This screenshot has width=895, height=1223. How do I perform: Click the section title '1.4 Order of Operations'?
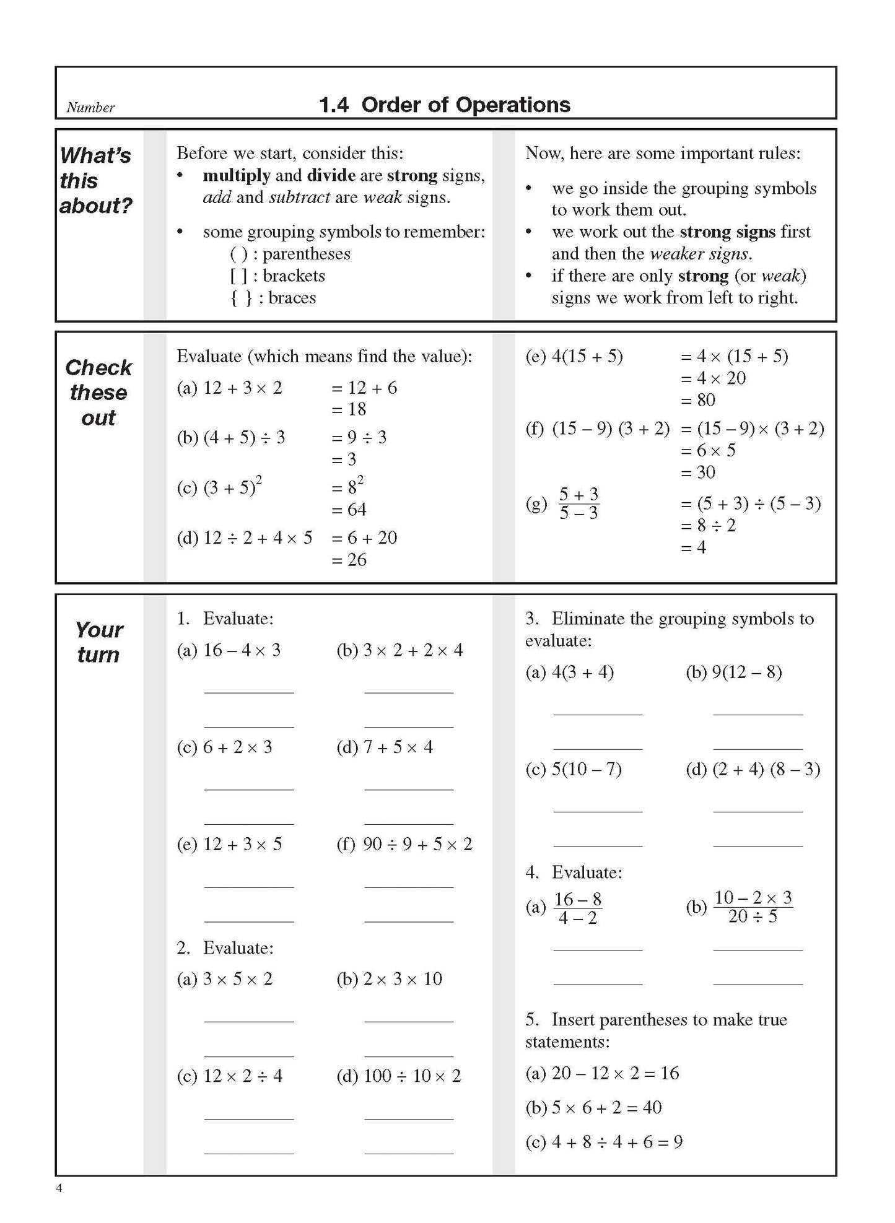pyautogui.click(x=444, y=105)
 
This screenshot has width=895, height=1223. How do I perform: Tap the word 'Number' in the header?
pyautogui.click(x=90, y=108)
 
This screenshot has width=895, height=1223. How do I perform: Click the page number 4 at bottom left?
pyautogui.click(x=59, y=1188)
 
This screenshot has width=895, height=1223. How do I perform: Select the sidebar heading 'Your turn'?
pyautogui.click(x=98, y=642)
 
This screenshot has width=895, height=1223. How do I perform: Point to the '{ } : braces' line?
pyautogui.click(x=273, y=298)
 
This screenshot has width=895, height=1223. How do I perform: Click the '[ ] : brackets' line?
pyautogui.click(x=277, y=276)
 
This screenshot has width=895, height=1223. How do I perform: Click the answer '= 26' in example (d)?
pyautogui.click(x=349, y=560)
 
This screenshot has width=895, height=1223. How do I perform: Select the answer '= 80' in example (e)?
pyautogui.click(x=698, y=400)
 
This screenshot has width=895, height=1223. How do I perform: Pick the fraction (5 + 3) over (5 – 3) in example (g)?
pyautogui.click(x=578, y=503)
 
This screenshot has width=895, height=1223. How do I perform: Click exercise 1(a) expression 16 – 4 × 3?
pyautogui.click(x=242, y=650)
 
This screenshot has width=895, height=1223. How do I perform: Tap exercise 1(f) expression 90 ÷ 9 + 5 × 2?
pyautogui.click(x=417, y=844)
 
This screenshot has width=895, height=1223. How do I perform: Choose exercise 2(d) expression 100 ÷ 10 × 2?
pyautogui.click(x=412, y=1076)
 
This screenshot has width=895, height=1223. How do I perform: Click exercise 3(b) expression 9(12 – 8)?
pyautogui.click(x=746, y=672)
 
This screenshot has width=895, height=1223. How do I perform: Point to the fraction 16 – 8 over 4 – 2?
pyautogui.click(x=577, y=908)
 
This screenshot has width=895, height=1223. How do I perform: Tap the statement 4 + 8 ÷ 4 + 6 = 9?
pyautogui.click(x=617, y=1142)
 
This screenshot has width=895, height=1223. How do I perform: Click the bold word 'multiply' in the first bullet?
pyautogui.click(x=237, y=176)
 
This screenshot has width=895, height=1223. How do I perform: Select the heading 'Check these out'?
pyautogui.click(x=98, y=393)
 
